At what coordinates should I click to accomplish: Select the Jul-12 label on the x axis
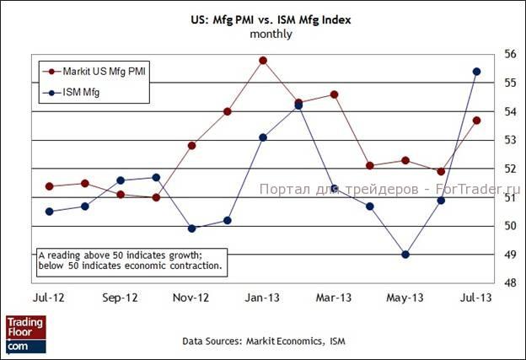49,298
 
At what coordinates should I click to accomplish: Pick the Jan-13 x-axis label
263,298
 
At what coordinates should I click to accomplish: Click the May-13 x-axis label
405,298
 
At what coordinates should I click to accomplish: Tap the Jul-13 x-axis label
477,298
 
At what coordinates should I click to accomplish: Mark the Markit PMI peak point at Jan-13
263,60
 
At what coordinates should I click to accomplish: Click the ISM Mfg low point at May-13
405,255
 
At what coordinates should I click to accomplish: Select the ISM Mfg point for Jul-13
477,72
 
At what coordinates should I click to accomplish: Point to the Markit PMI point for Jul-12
49,186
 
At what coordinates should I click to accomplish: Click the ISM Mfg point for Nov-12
191,228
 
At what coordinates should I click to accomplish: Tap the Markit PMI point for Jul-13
477,121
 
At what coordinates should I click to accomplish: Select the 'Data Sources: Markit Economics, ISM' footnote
264,341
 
